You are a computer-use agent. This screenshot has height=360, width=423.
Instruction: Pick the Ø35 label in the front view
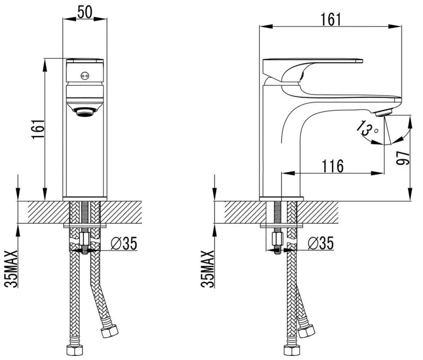coord(122,243)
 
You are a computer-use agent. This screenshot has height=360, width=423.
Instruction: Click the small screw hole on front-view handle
coord(83,76)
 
